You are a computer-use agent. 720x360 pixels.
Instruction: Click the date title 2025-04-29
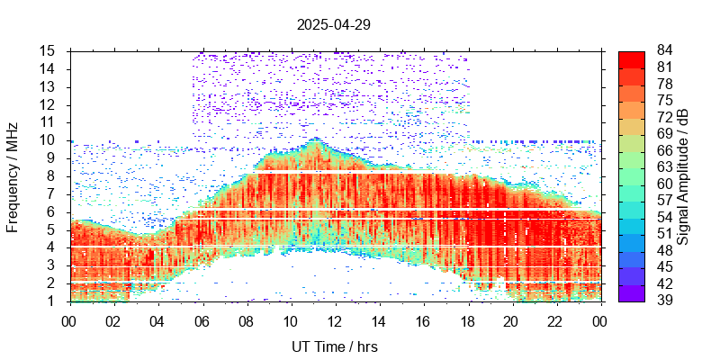pyautogui.click(x=333, y=25)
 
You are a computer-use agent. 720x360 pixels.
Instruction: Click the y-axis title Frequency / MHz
pyautogui.click(x=13, y=176)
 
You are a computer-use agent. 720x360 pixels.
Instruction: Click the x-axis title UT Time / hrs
pyautogui.click(x=334, y=346)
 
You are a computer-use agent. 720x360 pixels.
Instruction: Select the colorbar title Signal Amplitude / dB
pyautogui.click(x=683, y=176)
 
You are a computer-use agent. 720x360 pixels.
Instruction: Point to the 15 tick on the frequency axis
pyautogui.click(x=49, y=50)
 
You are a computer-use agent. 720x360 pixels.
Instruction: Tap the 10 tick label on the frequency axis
pyautogui.click(x=49, y=139)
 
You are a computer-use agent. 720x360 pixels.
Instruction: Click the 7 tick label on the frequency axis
pyautogui.click(x=53, y=193)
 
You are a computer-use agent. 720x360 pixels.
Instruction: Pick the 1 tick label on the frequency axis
pyautogui.click(x=53, y=301)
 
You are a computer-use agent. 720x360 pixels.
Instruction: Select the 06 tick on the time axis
pyautogui.click(x=202, y=321)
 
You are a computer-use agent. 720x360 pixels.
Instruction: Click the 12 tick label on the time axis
pyautogui.click(x=334, y=321)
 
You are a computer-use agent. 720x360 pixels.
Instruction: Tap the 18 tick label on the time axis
pyautogui.click(x=467, y=321)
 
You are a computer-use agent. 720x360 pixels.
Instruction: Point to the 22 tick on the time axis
pyautogui.click(x=555, y=321)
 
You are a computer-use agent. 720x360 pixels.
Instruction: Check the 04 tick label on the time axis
pyautogui.click(x=157, y=321)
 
